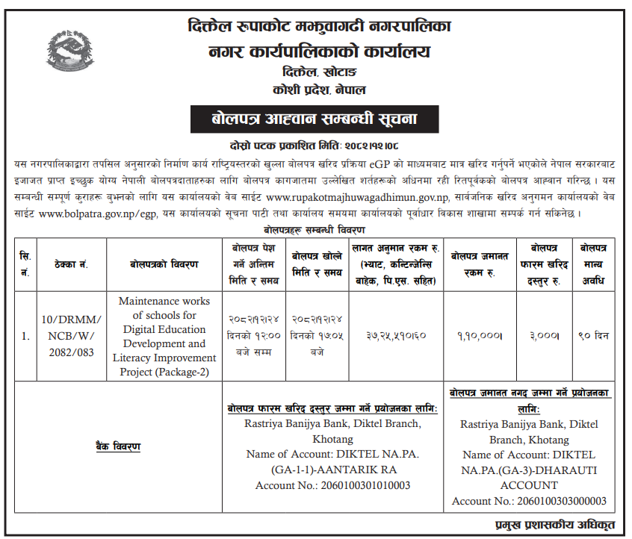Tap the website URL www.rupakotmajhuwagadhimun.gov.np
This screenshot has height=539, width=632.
click(x=358, y=197)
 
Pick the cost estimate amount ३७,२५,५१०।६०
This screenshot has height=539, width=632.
click(x=396, y=336)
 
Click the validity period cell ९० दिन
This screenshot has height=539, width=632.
click(x=594, y=336)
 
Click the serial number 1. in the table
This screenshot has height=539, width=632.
click(x=25, y=336)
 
